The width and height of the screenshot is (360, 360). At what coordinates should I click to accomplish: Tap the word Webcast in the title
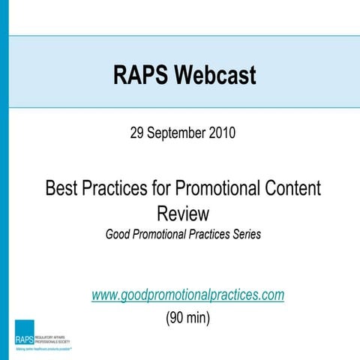pos(218,75)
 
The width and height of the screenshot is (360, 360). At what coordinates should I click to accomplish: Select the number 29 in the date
pos(138,134)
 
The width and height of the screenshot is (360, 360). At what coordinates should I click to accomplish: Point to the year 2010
pos(223,134)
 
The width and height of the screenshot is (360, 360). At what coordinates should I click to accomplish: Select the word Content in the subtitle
pos(287,188)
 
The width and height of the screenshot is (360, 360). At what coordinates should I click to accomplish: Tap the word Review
pos(183,212)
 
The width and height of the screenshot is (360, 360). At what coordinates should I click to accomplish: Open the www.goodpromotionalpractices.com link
pos(187,295)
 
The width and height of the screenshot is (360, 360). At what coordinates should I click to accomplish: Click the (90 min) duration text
pos(187,317)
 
